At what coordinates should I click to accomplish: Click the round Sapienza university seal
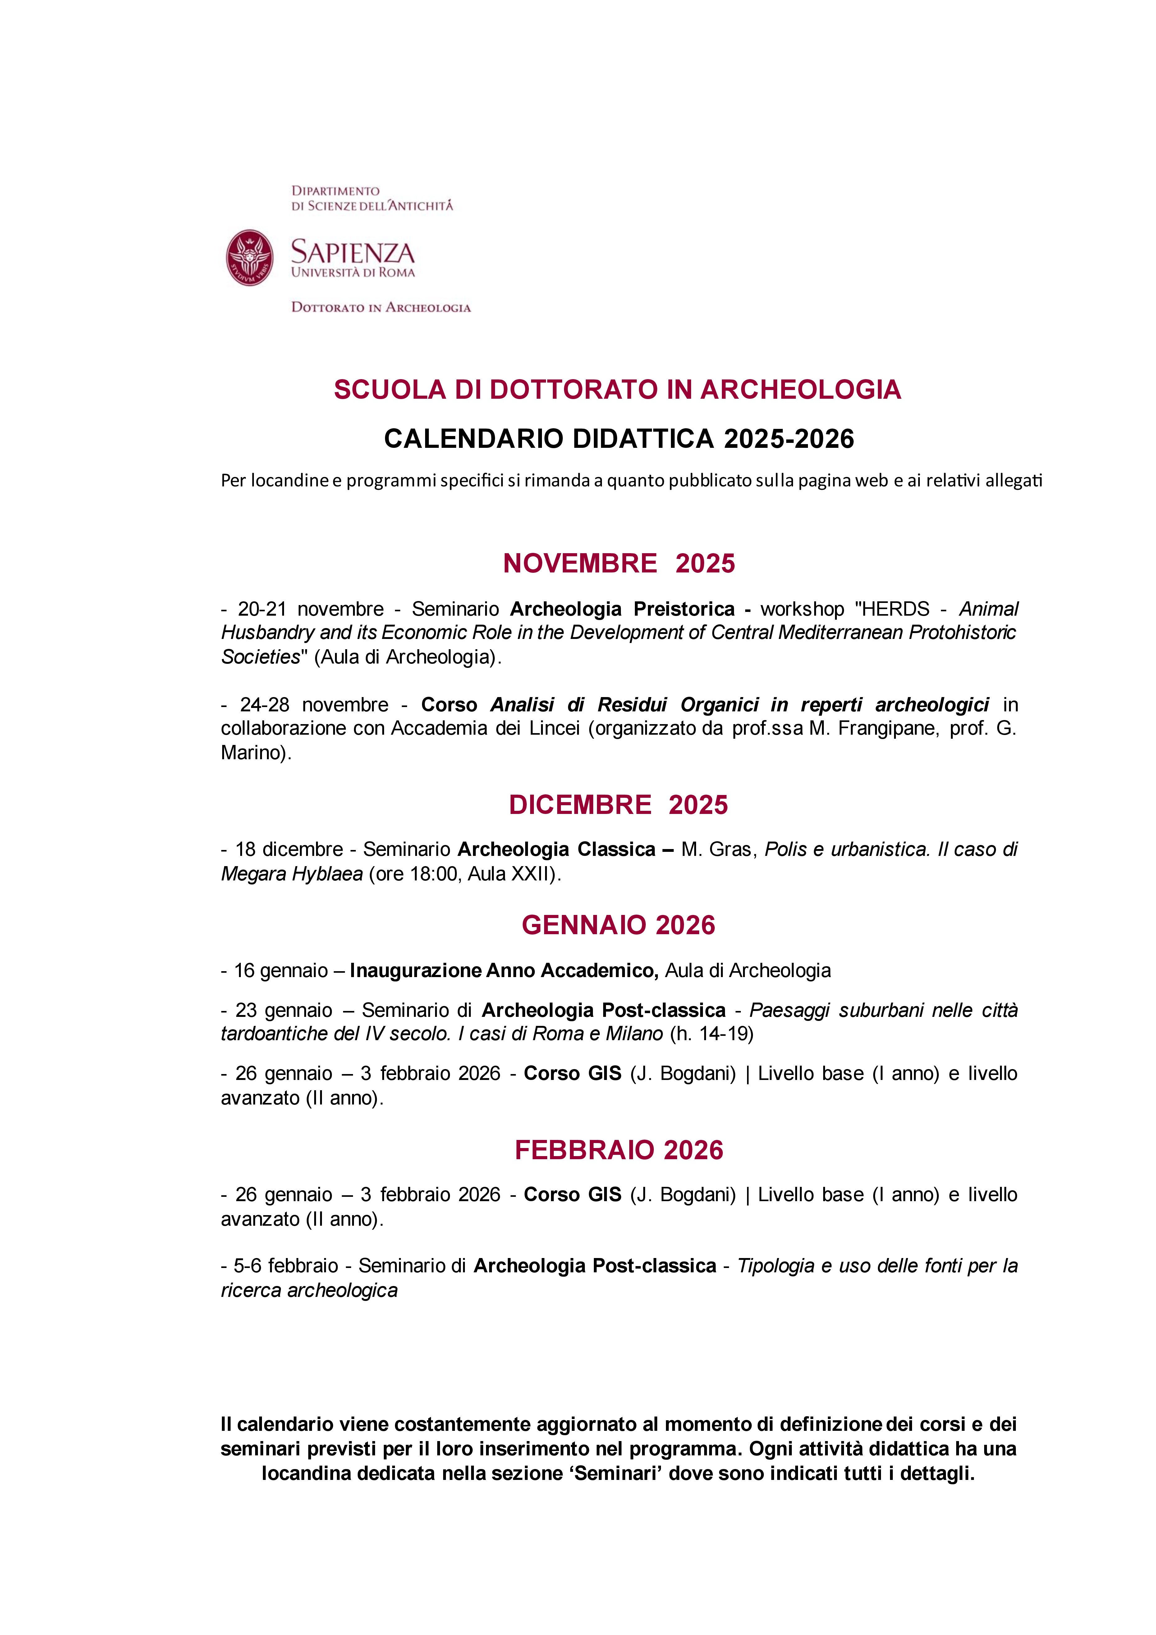(x=249, y=258)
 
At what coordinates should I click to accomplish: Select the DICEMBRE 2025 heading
(x=618, y=805)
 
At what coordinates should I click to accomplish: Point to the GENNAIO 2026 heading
(x=618, y=925)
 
